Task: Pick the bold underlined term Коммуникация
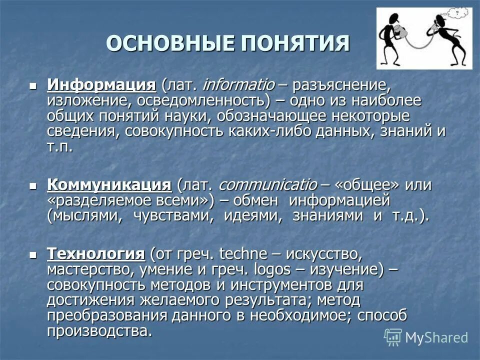point(109,184)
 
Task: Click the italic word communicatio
point(267,184)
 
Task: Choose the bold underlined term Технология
point(96,253)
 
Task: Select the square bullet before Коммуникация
point(33,185)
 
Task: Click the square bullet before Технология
point(33,254)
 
